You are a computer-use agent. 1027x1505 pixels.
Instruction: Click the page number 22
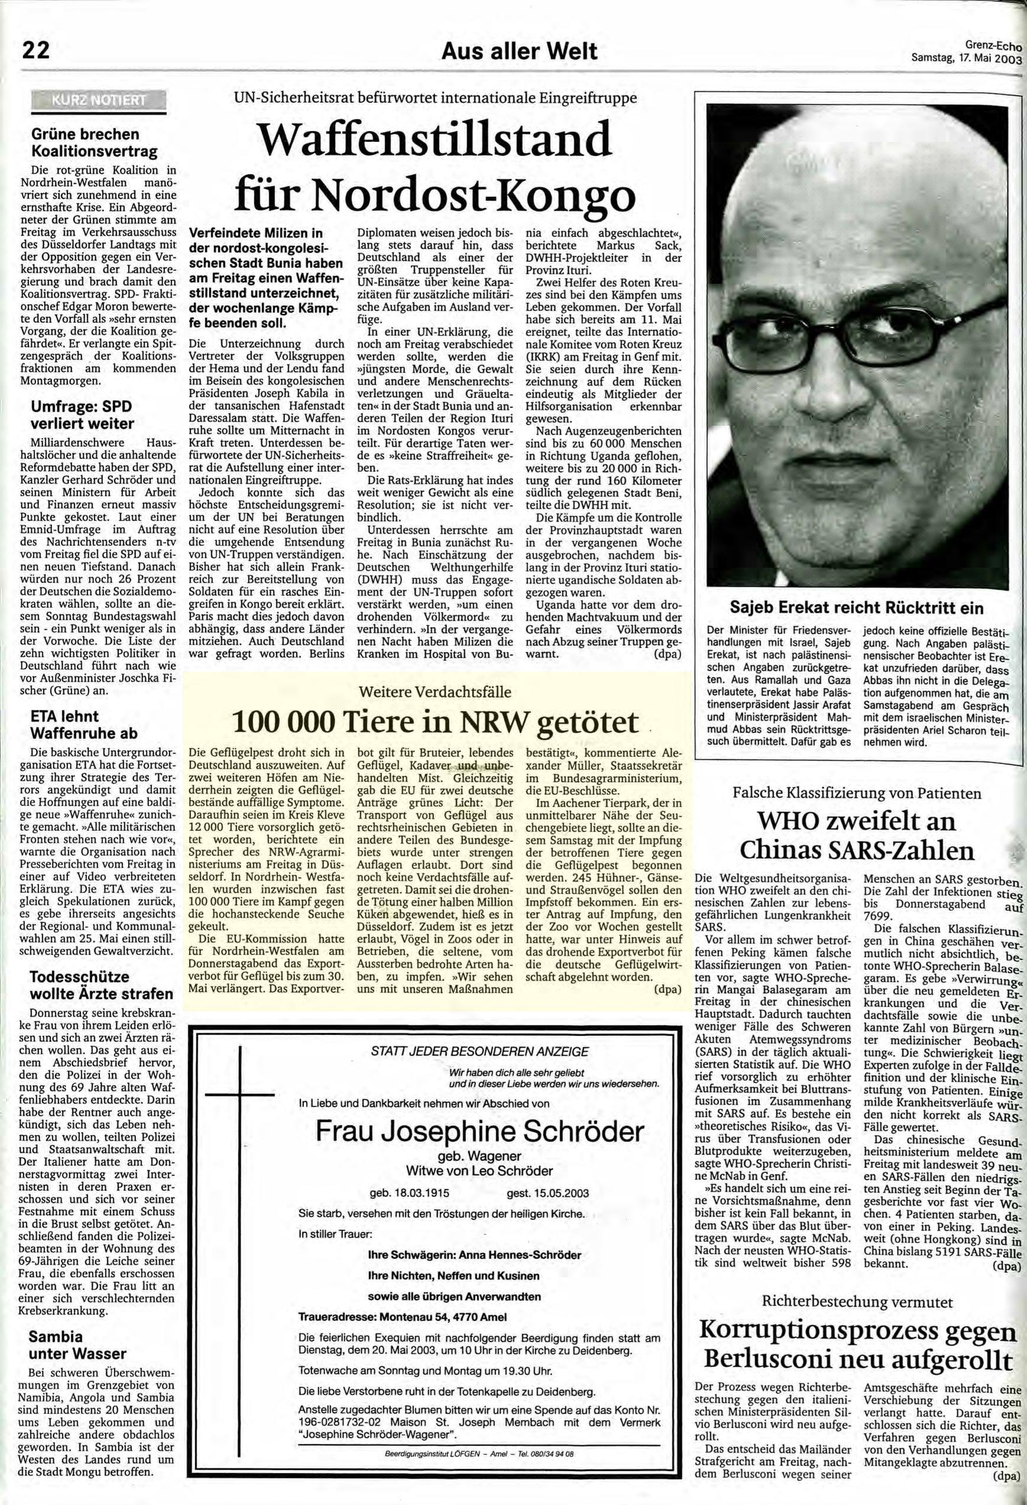35,49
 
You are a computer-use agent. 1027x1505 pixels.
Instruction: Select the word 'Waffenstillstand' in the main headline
433,139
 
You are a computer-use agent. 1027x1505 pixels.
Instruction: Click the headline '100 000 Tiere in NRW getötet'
435,721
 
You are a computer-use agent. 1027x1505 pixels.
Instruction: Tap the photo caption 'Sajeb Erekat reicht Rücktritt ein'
856,608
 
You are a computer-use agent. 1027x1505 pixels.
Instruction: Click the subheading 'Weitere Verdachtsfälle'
435,692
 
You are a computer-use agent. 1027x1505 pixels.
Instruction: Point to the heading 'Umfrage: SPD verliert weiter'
82,415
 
